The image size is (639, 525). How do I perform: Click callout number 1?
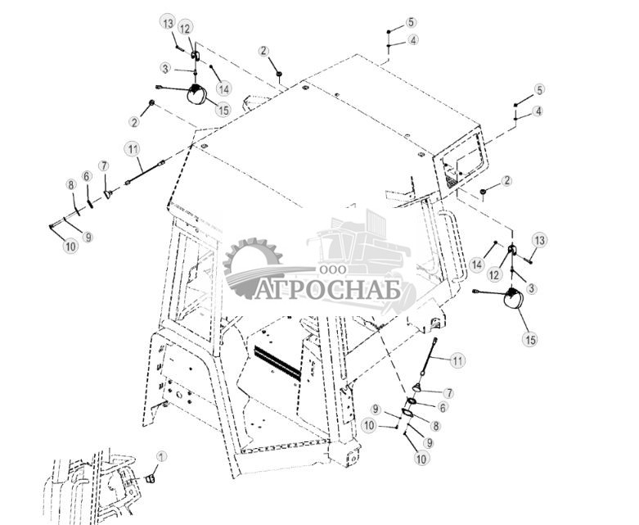(x=161, y=456)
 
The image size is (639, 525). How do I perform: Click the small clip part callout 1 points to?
(x=150, y=478)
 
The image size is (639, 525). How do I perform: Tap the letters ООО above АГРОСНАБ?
(x=333, y=269)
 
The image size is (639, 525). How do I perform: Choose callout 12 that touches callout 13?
(x=185, y=29)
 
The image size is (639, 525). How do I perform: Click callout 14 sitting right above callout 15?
(x=223, y=88)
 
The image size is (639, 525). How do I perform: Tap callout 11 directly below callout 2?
(x=133, y=149)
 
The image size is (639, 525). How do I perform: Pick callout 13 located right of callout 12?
(x=539, y=241)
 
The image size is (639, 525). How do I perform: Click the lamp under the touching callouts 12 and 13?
(x=196, y=94)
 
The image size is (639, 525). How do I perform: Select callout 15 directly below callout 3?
(x=531, y=339)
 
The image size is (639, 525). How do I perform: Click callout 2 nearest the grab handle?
(x=506, y=181)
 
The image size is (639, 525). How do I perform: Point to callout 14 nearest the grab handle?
(x=476, y=265)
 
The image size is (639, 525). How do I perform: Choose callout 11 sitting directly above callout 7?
(x=457, y=360)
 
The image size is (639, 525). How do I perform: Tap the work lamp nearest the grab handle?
(x=513, y=298)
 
